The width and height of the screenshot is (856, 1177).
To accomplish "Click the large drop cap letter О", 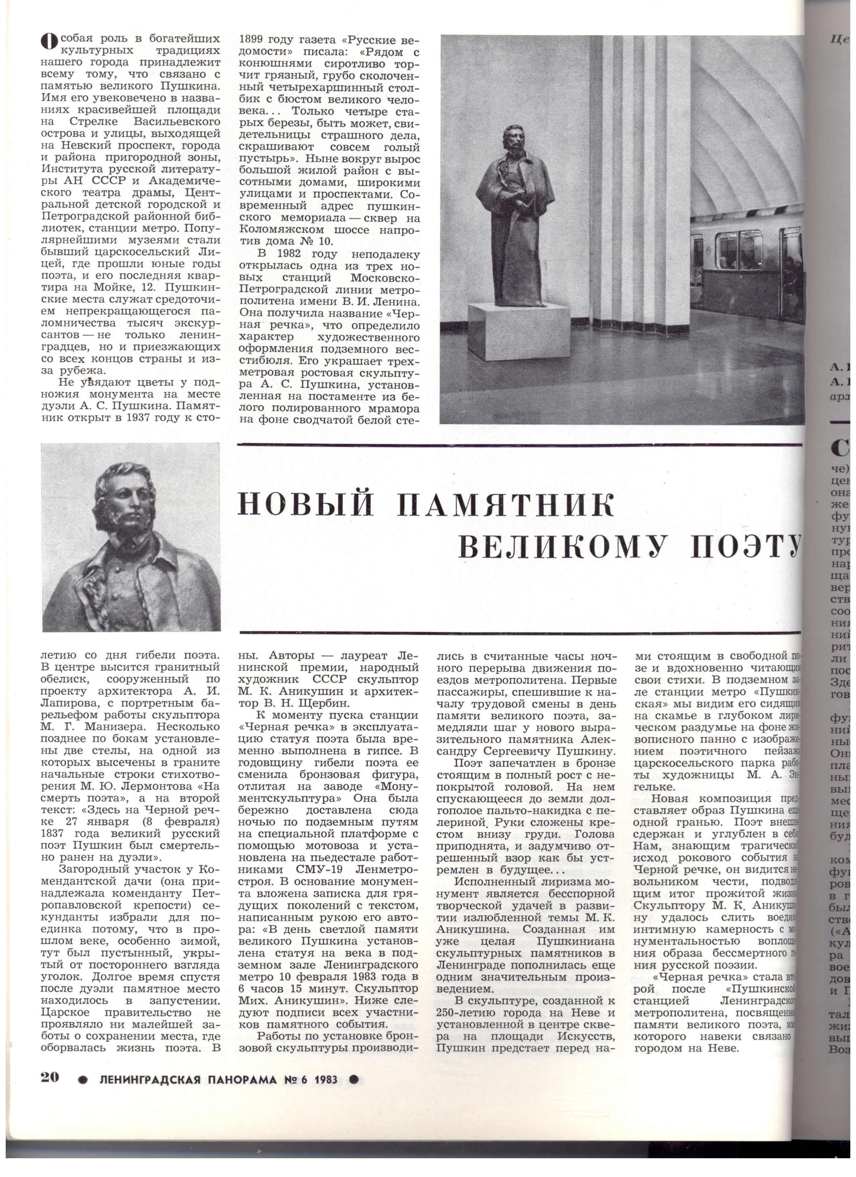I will tap(48, 42).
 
